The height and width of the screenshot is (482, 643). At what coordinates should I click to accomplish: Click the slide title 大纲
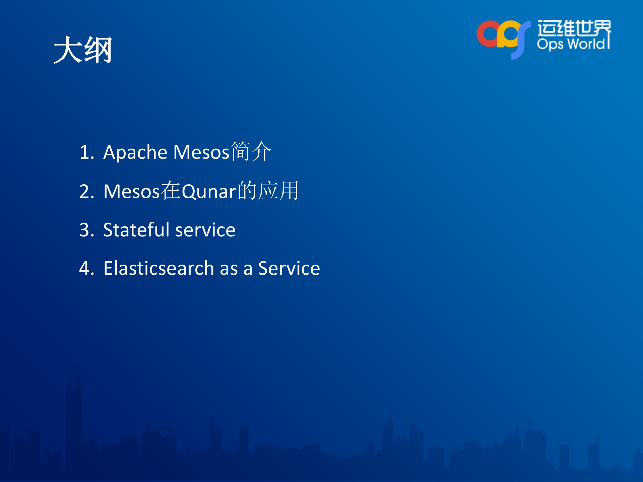point(83,50)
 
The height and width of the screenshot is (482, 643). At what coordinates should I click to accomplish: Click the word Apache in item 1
point(135,152)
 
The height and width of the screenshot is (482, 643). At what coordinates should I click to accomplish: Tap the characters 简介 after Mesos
point(251,151)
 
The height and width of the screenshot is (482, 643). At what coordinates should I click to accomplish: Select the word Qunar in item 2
point(209,191)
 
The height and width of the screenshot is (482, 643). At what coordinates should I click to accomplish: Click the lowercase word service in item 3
point(205,230)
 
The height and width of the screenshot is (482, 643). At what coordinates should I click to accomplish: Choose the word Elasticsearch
point(158,268)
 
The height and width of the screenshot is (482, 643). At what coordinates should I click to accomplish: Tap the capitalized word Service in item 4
point(289,268)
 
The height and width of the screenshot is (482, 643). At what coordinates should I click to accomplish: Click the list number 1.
point(86,152)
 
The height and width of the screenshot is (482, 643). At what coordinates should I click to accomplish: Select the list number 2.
point(86,191)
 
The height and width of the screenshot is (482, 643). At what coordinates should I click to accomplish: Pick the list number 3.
point(86,230)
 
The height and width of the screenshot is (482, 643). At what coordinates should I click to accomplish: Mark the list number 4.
point(86,268)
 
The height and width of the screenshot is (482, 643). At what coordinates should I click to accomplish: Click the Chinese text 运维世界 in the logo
point(574,28)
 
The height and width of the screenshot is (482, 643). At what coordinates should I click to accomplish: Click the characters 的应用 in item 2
point(268,191)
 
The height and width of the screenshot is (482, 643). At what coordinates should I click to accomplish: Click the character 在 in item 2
point(171,191)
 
